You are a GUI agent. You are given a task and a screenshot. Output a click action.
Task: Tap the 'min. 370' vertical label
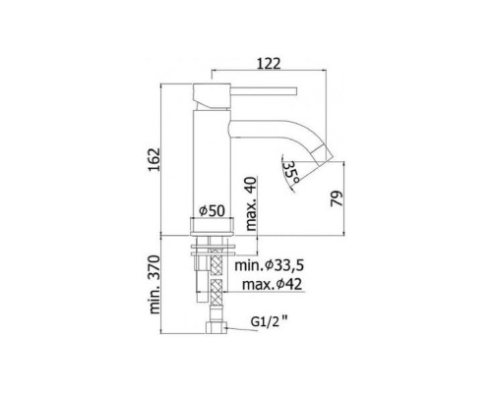(165, 290)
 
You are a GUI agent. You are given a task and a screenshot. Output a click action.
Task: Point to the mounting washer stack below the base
(213, 252)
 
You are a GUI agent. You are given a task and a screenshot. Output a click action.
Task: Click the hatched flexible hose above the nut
(213, 293)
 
